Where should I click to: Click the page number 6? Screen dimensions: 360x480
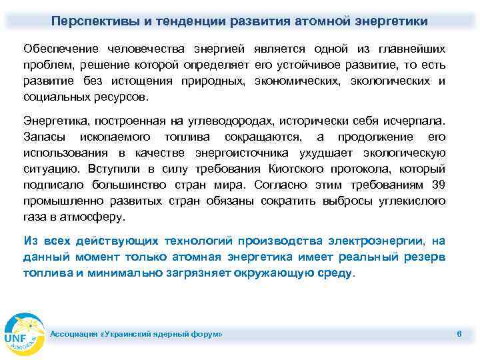click(x=459, y=333)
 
